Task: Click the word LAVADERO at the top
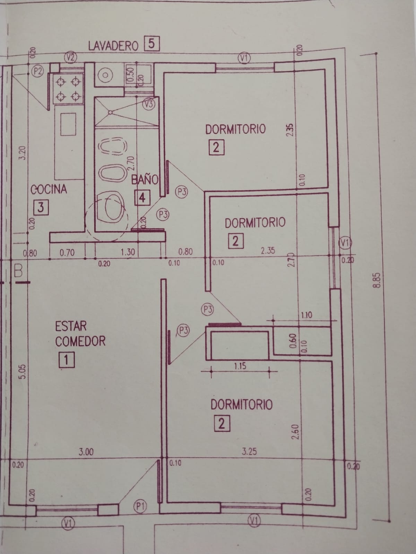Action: (x=113, y=45)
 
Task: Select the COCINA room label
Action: (x=49, y=190)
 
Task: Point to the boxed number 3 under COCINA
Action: (x=41, y=208)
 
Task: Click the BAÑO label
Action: (x=145, y=180)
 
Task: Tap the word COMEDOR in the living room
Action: (x=80, y=341)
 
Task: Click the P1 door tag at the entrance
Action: (x=140, y=507)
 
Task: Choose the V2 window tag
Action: (x=71, y=57)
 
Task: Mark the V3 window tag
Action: (x=149, y=104)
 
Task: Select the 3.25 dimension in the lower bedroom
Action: (x=249, y=452)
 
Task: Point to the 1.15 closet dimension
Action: (x=240, y=366)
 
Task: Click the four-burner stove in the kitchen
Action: (x=68, y=89)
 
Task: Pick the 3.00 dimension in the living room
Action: (x=86, y=452)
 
